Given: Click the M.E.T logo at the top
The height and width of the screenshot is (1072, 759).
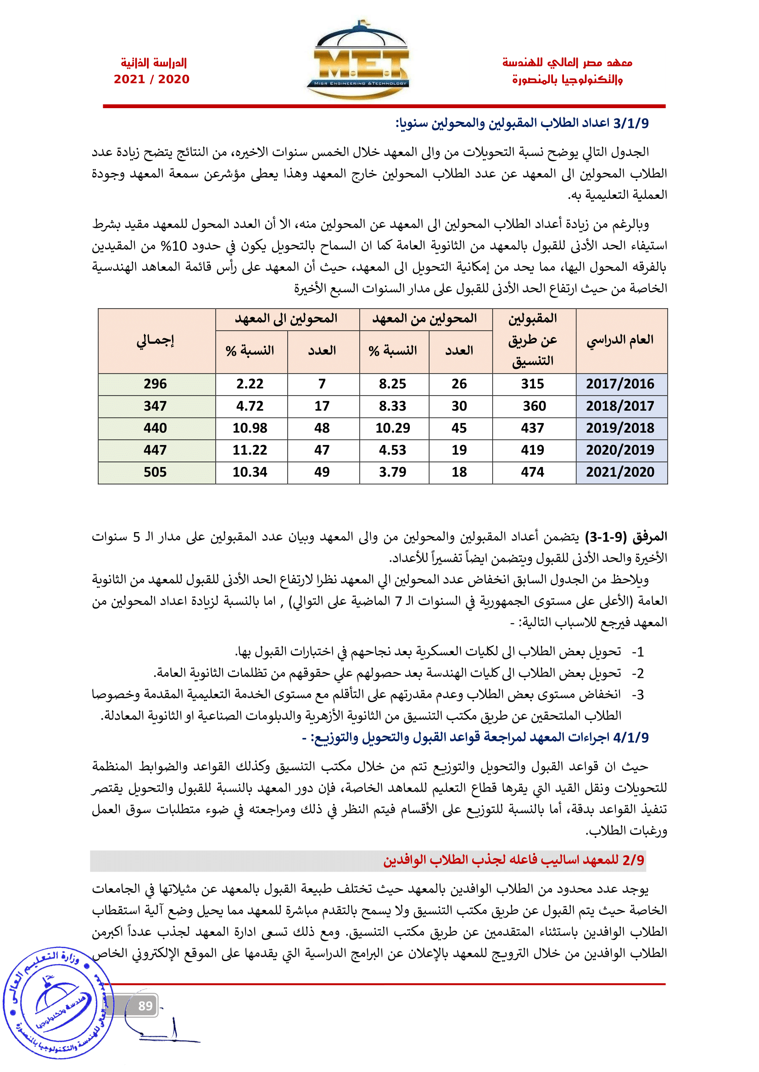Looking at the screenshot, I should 357,60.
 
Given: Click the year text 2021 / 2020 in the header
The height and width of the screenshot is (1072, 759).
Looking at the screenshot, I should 151,79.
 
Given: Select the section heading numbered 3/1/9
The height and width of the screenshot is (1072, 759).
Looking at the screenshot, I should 522,123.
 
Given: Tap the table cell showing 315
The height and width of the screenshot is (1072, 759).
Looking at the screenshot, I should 532,384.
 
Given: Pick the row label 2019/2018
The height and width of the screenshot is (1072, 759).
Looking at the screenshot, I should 619,428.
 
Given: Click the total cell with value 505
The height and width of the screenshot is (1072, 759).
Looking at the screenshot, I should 155,472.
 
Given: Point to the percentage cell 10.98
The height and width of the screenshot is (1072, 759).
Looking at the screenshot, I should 250,428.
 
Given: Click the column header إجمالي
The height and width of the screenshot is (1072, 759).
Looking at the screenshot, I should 155,340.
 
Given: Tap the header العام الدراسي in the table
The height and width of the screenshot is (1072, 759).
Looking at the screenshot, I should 619,340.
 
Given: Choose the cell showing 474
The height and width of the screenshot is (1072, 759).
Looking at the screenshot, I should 532,472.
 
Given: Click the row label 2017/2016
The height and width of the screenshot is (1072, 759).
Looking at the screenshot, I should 619,384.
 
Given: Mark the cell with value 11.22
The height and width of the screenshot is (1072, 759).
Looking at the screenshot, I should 250,450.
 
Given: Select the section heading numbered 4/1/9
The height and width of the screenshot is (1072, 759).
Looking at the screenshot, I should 475,738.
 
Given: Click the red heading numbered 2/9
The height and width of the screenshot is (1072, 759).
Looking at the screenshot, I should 513,860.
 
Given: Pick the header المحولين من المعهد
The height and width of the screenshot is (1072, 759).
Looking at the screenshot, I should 424,319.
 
